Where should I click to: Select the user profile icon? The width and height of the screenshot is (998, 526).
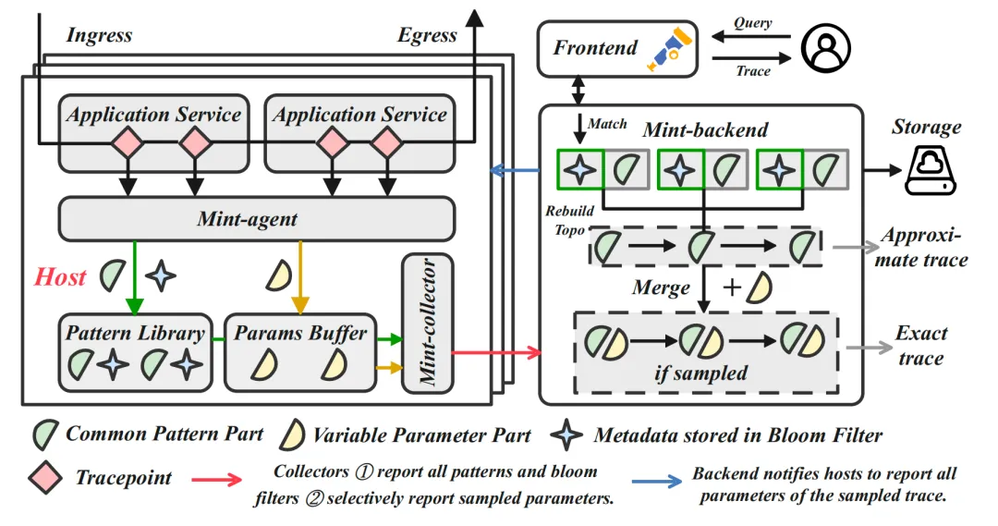(x=824, y=47)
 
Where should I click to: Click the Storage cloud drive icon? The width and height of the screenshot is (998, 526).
(x=928, y=171)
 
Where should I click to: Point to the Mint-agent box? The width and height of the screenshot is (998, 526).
(x=257, y=219)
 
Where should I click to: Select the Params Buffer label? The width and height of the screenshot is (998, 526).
(x=300, y=332)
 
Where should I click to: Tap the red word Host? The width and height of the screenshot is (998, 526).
(x=62, y=275)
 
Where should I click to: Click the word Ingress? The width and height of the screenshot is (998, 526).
(x=99, y=36)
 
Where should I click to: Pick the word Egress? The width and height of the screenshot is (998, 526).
(x=427, y=36)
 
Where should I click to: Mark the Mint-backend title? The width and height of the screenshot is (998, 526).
(x=705, y=130)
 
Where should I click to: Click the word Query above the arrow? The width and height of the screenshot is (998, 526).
(x=753, y=22)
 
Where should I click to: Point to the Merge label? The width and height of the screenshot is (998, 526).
(x=661, y=287)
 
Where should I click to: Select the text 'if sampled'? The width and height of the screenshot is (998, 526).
(x=708, y=373)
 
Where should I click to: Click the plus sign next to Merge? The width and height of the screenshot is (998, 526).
(x=730, y=287)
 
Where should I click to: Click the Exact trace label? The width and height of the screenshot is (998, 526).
(x=920, y=345)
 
